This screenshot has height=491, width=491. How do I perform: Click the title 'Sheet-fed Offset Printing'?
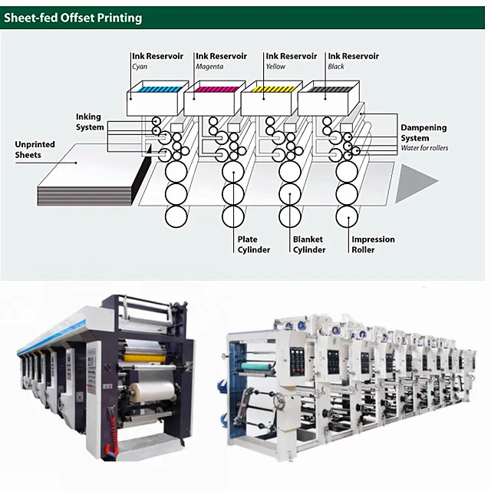[x=73, y=17]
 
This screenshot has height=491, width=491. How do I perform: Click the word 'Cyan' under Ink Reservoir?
[x=139, y=66]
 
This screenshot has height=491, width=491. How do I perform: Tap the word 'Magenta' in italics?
[x=209, y=66]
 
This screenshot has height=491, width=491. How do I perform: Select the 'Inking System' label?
[x=89, y=122]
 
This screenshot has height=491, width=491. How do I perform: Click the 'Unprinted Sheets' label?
[x=37, y=150]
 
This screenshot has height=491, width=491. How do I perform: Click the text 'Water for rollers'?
[x=424, y=148]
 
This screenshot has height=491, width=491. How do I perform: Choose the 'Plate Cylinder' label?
[x=253, y=245]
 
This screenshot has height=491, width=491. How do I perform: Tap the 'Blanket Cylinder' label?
[x=309, y=245]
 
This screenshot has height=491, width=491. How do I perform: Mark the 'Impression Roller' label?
[x=373, y=245]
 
